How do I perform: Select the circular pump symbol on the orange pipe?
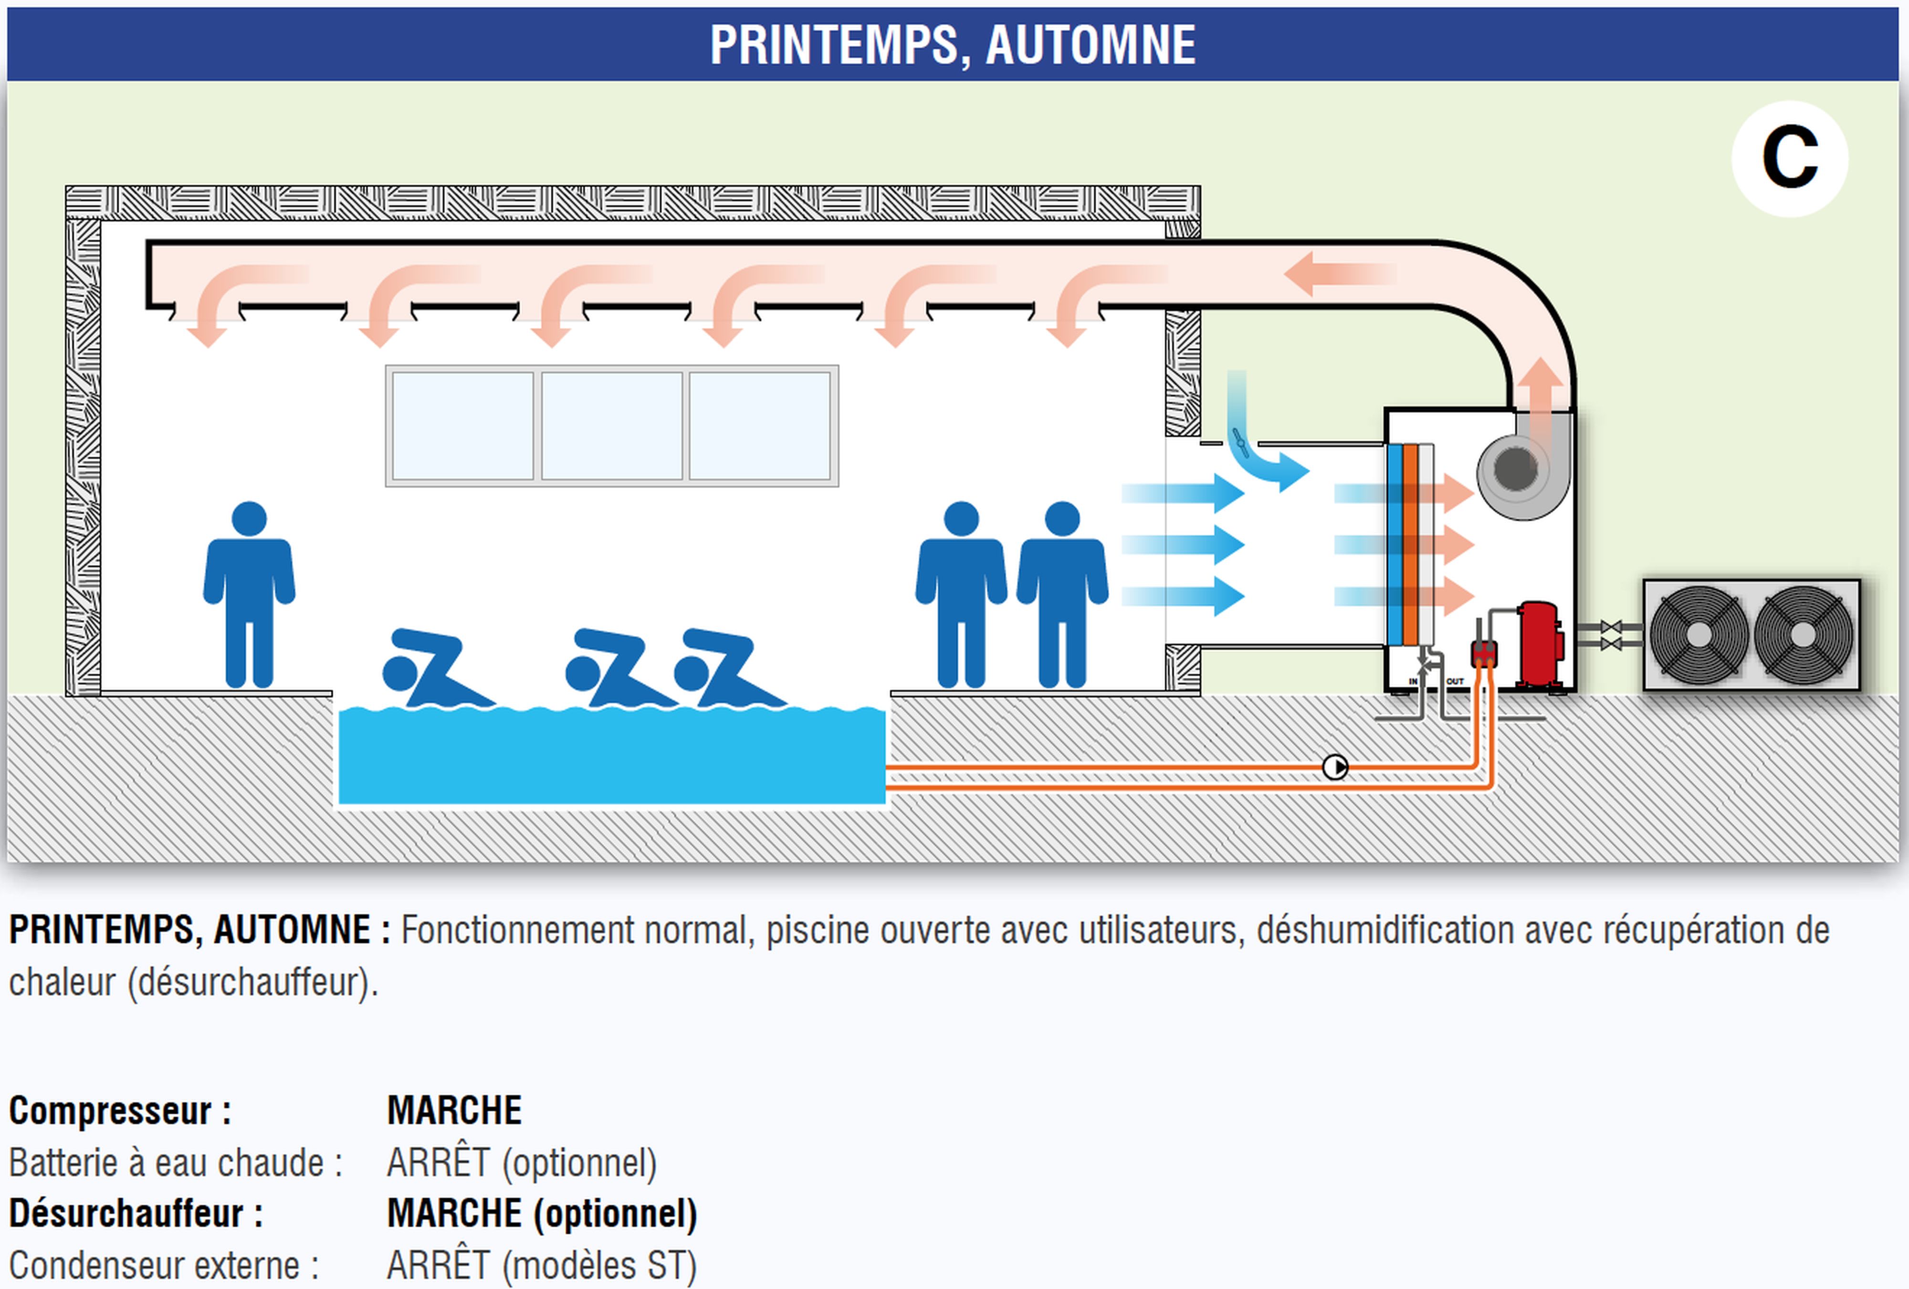pyautogui.click(x=1335, y=768)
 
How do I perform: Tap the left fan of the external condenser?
pyautogui.click(x=1698, y=634)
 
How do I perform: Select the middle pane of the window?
pyautogui.click(x=612, y=425)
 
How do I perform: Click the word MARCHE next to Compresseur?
pyautogui.click(x=454, y=1111)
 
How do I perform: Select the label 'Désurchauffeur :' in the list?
pyautogui.click(x=136, y=1214)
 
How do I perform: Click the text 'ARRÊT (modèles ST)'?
pyautogui.click(x=541, y=1265)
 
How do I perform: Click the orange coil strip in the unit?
pyautogui.click(x=1410, y=544)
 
